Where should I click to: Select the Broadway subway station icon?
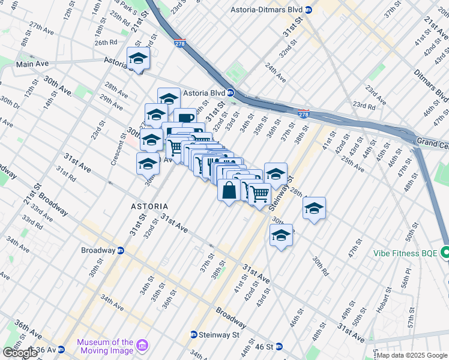coord(121,250)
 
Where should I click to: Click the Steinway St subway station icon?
coord(194,334)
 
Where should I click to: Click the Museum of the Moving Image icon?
coord(142,346)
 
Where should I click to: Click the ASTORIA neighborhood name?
coord(149,206)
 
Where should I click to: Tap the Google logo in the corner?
coord(20,353)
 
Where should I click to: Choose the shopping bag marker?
coord(229,190)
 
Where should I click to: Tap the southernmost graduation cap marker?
coord(281,235)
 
